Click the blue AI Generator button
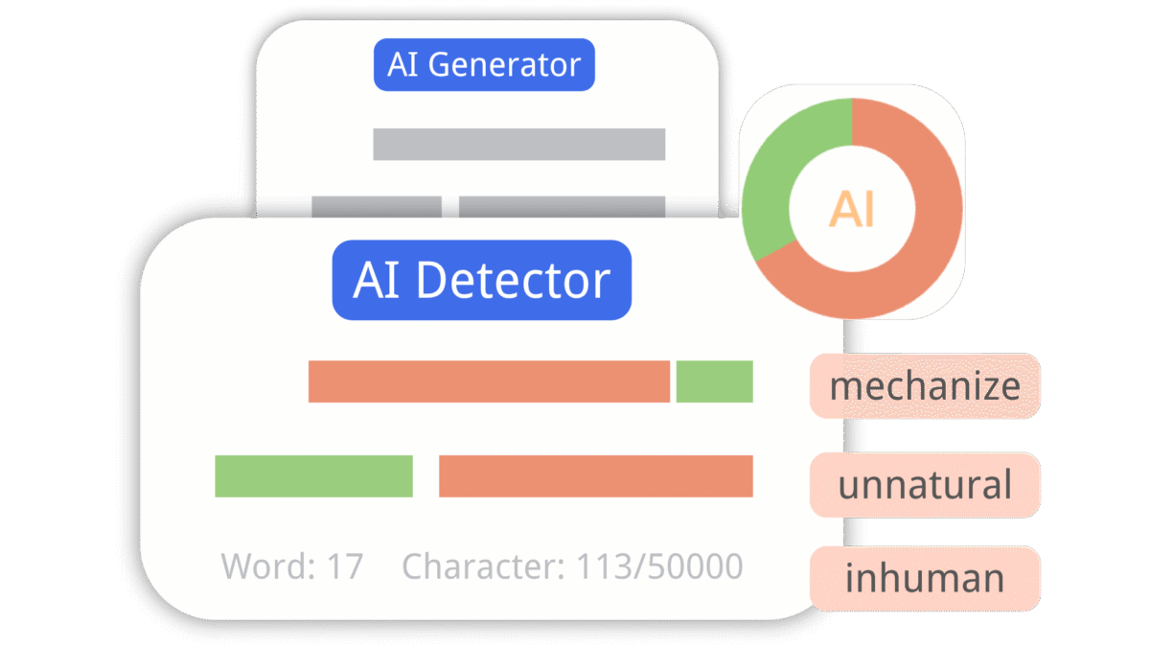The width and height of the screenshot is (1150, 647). coord(484,65)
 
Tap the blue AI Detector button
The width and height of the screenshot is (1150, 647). coord(482,280)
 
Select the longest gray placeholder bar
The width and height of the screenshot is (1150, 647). coord(518,144)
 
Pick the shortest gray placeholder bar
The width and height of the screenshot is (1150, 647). coord(377,206)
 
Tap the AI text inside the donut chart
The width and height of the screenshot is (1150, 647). coord(852,209)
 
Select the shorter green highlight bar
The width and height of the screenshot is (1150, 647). coord(714,381)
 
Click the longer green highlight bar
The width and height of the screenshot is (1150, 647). coord(313,476)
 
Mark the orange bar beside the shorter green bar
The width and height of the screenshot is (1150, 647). coord(489,381)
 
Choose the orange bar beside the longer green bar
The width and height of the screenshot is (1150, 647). coord(595,476)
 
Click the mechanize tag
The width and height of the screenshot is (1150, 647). coord(925,386)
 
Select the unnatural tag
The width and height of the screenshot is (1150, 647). coord(925,485)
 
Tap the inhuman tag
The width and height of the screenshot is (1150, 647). coord(925,578)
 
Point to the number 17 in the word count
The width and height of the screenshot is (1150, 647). coord(345,566)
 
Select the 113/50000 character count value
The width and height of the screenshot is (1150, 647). coord(659,566)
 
